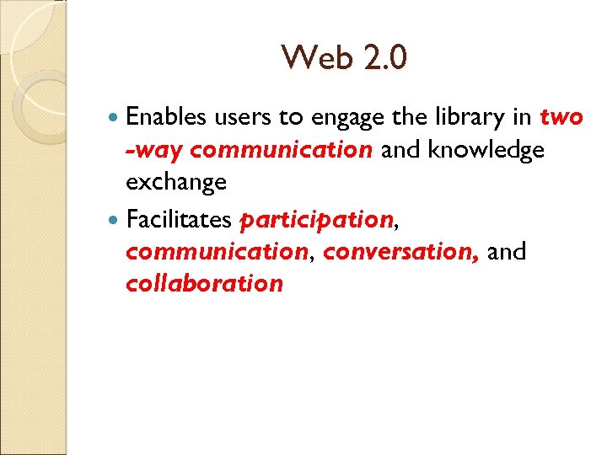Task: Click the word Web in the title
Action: (312, 58)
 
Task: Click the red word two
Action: (561, 118)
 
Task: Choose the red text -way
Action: (153, 151)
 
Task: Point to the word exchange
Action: (176, 183)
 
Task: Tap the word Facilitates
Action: (177, 220)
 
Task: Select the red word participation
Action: (316, 221)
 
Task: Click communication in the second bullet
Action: (216, 251)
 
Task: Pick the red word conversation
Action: (400, 251)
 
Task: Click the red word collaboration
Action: (204, 283)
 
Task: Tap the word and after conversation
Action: (507, 251)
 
